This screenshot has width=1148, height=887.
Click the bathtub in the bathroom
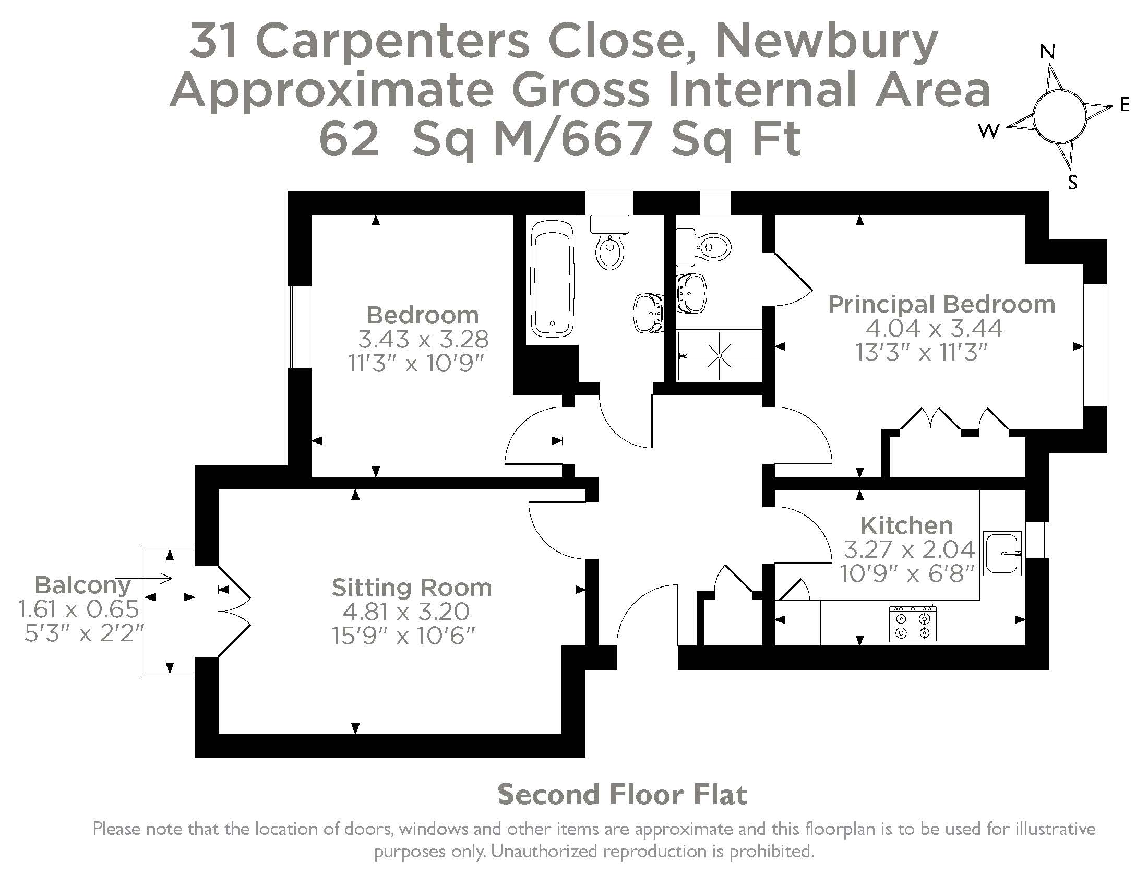click(x=552, y=279)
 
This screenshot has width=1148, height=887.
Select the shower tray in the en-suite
click(x=719, y=356)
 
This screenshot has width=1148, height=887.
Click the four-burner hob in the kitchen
click(x=913, y=624)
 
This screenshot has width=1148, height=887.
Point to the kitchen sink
click(x=1002, y=553)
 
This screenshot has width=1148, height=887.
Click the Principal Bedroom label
click(x=941, y=304)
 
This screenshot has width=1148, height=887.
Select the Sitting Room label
click(x=412, y=588)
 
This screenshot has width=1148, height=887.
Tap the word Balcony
click(x=82, y=584)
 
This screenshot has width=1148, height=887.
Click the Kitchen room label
click(x=906, y=525)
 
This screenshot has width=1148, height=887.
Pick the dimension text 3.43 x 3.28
click(x=423, y=340)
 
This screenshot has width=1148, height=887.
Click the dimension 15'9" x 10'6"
click(x=403, y=637)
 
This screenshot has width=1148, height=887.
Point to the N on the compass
click(x=1048, y=52)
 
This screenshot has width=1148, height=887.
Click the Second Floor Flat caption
click(x=622, y=795)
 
